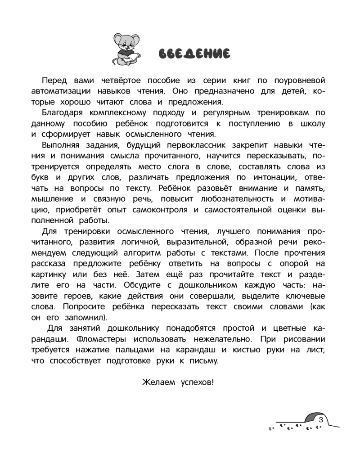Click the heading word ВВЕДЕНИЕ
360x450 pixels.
[x=194, y=53]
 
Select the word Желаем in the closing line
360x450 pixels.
[x=158, y=382]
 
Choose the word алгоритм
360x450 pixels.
[x=166, y=252]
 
